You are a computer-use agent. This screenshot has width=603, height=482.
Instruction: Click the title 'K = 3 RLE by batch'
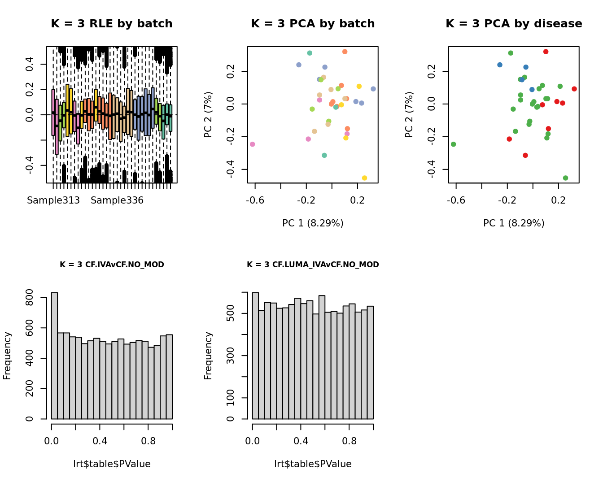point(112,24)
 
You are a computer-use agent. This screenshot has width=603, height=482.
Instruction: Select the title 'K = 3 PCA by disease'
point(514,24)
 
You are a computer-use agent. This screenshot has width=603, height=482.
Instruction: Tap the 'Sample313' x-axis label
point(53,200)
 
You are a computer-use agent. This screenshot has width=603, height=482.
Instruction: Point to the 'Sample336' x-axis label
point(117,200)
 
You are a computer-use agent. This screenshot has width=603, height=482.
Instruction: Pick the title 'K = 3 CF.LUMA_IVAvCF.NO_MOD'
point(313,265)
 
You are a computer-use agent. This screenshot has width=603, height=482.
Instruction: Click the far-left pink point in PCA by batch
point(252,144)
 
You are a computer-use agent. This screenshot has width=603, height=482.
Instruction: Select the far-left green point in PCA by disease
point(453,144)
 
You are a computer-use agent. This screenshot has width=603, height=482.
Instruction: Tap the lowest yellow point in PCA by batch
point(364,178)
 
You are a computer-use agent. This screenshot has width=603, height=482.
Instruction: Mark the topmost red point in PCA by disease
point(546,52)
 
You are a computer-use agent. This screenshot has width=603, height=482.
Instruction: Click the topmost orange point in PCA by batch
point(345,52)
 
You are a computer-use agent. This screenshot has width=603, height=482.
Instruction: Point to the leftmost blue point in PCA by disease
point(500,65)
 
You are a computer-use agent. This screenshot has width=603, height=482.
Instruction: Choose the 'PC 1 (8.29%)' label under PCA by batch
point(313,223)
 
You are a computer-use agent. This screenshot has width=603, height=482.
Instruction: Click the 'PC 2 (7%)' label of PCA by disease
point(409,114)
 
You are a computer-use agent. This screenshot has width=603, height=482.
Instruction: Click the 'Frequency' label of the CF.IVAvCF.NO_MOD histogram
point(7,356)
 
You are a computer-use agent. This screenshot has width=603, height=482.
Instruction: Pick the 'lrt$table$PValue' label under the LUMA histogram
point(313,464)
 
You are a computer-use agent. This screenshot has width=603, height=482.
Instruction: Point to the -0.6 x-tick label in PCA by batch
point(255,200)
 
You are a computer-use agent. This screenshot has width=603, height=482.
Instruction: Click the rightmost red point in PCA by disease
point(574,89)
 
